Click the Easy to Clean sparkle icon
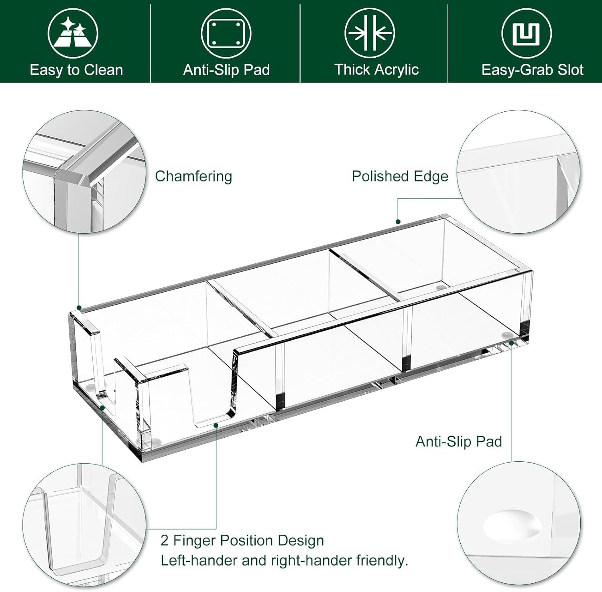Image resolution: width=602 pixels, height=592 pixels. click(73, 33)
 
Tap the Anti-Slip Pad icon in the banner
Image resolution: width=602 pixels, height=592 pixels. click(226, 33)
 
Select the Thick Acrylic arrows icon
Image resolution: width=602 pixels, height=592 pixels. click(370, 33)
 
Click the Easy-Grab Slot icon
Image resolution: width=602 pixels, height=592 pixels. click(527, 33)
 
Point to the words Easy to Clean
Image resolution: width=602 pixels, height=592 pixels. click(76, 70)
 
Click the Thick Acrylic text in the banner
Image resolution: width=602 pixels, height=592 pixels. click(376, 69)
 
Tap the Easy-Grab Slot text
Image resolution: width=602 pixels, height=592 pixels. click(532, 70)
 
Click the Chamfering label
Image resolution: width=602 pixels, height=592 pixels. click(193, 176)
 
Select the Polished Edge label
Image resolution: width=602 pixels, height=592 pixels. click(400, 176)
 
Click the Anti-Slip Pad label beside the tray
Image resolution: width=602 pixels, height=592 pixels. click(459, 441)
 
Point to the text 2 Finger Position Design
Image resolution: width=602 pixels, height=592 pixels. click(242, 540)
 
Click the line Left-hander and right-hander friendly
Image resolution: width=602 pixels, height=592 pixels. click(284, 560)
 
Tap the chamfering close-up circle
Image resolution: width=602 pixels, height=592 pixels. click(84, 171)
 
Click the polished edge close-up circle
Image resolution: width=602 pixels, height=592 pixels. click(519, 172)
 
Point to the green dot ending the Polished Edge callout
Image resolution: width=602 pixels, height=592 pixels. click(398, 222)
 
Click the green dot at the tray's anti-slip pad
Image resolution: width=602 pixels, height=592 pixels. click(511, 343)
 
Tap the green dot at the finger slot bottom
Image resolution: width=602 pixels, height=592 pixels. click(216, 425)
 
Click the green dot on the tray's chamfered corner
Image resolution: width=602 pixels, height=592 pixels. click(79, 308)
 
